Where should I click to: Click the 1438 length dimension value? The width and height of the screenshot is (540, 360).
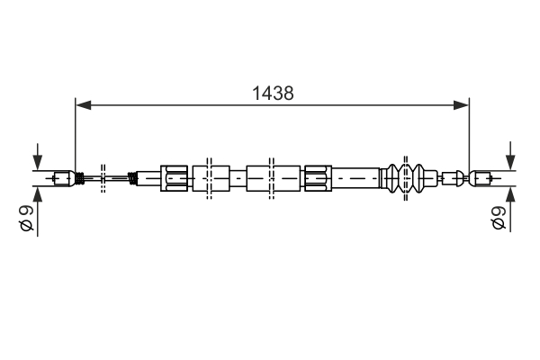pyautogui.click(x=274, y=93)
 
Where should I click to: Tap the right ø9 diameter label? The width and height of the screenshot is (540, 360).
pyautogui.click(x=498, y=219)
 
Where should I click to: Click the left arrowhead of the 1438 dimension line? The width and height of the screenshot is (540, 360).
pyautogui.click(x=84, y=106)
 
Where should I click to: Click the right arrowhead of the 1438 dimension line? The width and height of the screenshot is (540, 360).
pyautogui.click(x=462, y=106)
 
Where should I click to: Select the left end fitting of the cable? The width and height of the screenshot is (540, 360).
pyautogui.click(x=63, y=177)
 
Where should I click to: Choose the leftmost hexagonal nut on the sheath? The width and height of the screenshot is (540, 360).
pyautogui.click(x=175, y=177)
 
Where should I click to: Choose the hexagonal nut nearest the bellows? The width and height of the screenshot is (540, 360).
pyautogui.click(x=319, y=177)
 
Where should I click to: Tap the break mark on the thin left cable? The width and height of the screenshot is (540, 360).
pyautogui.click(x=104, y=177)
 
